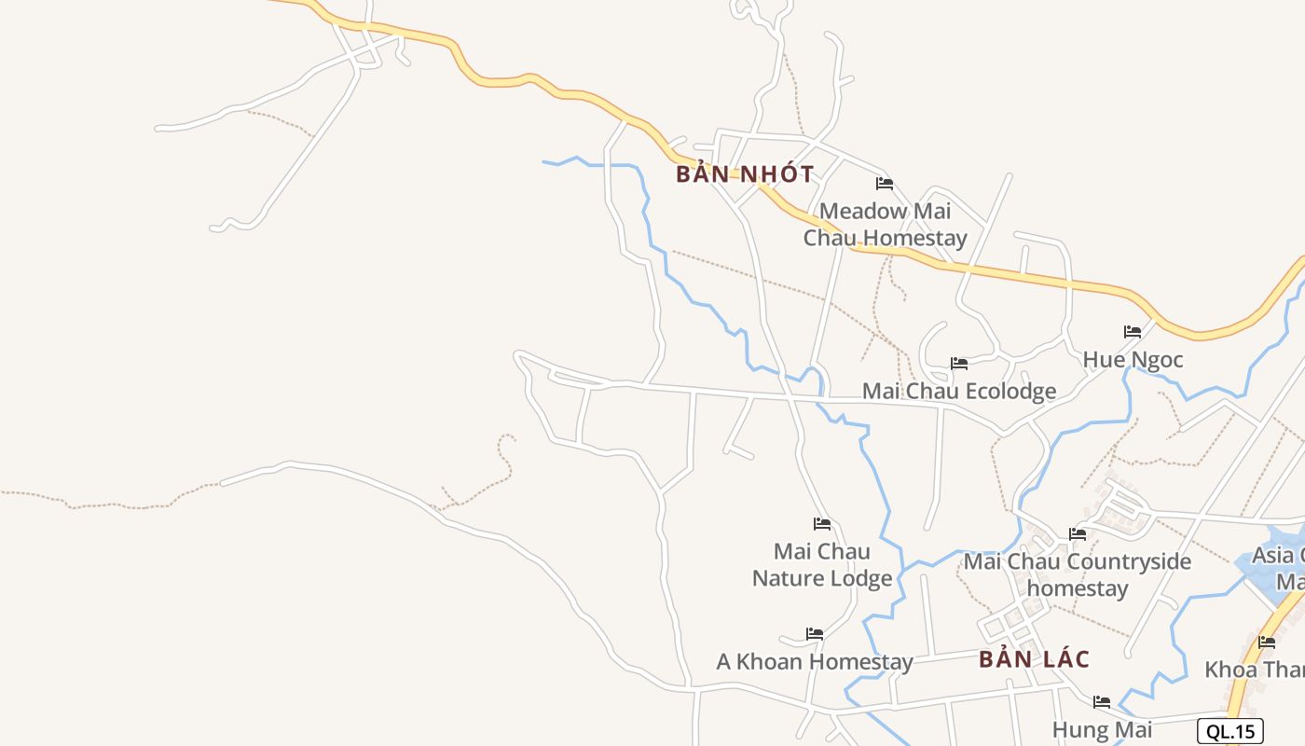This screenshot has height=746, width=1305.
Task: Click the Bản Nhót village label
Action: (745, 174)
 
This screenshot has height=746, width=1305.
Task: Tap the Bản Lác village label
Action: (1034, 659)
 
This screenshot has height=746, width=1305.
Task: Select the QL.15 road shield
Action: (1230, 731)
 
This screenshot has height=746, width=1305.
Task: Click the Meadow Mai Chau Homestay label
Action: (885, 225)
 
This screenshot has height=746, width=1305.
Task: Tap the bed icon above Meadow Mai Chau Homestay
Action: (885, 184)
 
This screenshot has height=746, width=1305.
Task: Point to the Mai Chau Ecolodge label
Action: (959, 391)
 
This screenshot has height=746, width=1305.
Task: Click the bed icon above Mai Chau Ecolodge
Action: (959, 364)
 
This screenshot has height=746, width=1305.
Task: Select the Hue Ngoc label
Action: (1133, 359)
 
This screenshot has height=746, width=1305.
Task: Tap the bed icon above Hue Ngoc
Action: (1133, 332)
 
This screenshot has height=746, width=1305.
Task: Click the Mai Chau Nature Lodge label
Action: (822, 565)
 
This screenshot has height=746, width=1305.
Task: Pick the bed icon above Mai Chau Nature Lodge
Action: (822, 524)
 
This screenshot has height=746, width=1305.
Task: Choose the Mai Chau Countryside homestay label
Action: (1078, 575)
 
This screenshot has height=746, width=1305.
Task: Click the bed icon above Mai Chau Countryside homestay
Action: (1078, 534)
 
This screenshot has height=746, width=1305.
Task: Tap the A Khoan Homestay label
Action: (814, 662)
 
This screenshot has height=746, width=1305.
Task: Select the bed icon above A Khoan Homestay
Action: (815, 634)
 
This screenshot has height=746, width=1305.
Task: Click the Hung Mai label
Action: (1102, 729)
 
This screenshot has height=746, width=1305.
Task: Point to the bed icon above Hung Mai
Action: (1102, 702)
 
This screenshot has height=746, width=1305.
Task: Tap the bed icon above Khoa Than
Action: (1267, 642)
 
